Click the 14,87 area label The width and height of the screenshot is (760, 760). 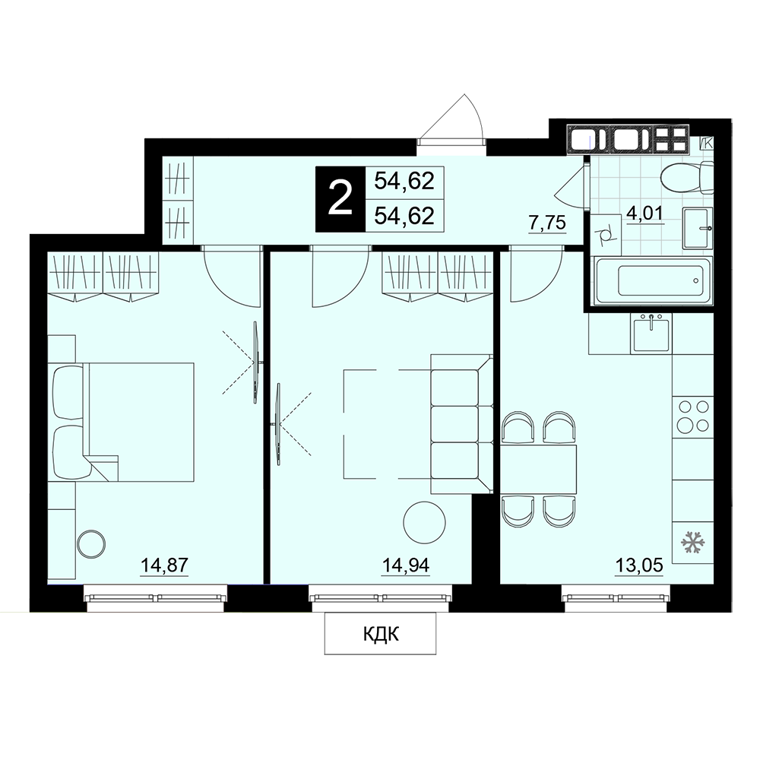[x=164, y=565]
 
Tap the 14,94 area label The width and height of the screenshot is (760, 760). [x=406, y=565]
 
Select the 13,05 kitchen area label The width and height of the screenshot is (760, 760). [x=639, y=565]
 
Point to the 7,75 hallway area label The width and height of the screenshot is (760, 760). [x=547, y=223]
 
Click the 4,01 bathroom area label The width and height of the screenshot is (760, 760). [x=644, y=213]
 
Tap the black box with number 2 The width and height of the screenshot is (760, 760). [x=339, y=199]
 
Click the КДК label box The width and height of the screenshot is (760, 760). [x=381, y=634]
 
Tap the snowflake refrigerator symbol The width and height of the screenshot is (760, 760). [x=692, y=542]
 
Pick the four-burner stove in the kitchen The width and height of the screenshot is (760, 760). [x=692, y=416]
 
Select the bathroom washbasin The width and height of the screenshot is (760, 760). [x=698, y=228]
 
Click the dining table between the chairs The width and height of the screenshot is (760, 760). [x=539, y=469]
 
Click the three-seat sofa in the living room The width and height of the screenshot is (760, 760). [x=461, y=424]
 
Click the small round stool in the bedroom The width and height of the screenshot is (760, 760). [x=90, y=544]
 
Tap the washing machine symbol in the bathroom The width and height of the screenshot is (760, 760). [x=606, y=235]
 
